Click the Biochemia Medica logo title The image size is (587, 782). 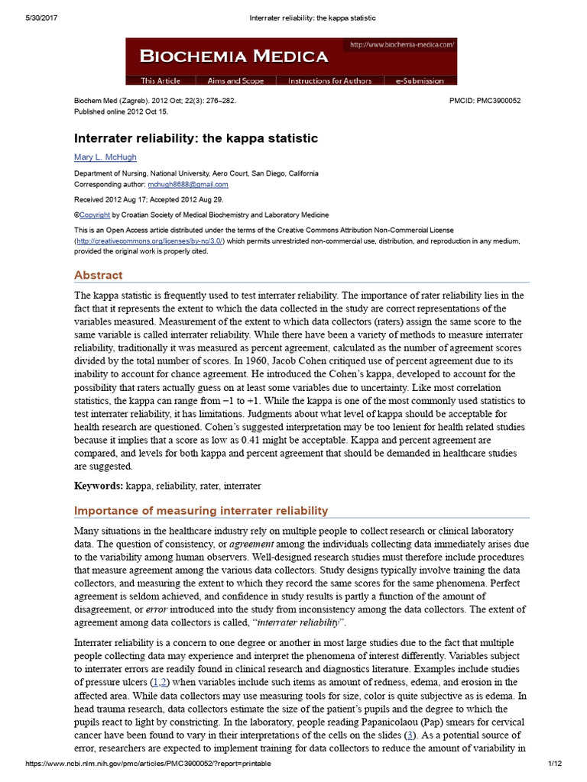pyautogui.click(x=233, y=57)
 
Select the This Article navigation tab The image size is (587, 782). pyautogui.click(x=161, y=81)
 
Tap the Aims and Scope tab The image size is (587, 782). pyautogui.click(x=235, y=81)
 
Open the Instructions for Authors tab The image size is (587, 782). pyautogui.click(x=329, y=81)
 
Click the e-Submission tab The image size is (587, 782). pyautogui.click(x=420, y=81)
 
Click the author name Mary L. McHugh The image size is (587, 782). pyautogui.click(x=105, y=157)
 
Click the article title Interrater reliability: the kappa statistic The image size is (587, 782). pyautogui.click(x=196, y=138)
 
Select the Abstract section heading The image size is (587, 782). pyautogui.click(x=98, y=275)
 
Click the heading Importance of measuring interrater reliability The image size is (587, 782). pyautogui.click(x=201, y=511)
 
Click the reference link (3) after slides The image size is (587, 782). pyautogui.click(x=410, y=735)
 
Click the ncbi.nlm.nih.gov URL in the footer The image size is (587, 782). pyautogui.click(x=148, y=764)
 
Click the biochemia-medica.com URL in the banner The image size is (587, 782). pyautogui.click(x=402, y=45)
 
